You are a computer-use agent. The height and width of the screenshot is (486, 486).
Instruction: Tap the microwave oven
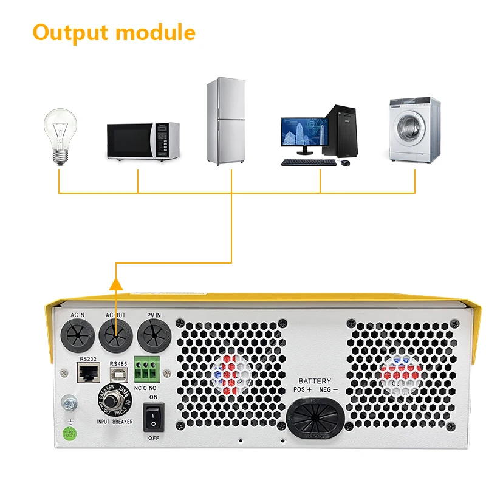[x=143, y=141]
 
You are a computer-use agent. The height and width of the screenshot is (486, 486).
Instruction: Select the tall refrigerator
[x=225, y=121]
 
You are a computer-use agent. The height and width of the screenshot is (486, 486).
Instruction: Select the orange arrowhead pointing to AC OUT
[x=116, y=281]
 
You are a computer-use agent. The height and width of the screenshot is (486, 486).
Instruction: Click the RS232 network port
[x=87, y=372]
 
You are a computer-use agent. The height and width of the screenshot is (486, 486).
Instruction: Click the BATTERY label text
[x=315, y=380]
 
